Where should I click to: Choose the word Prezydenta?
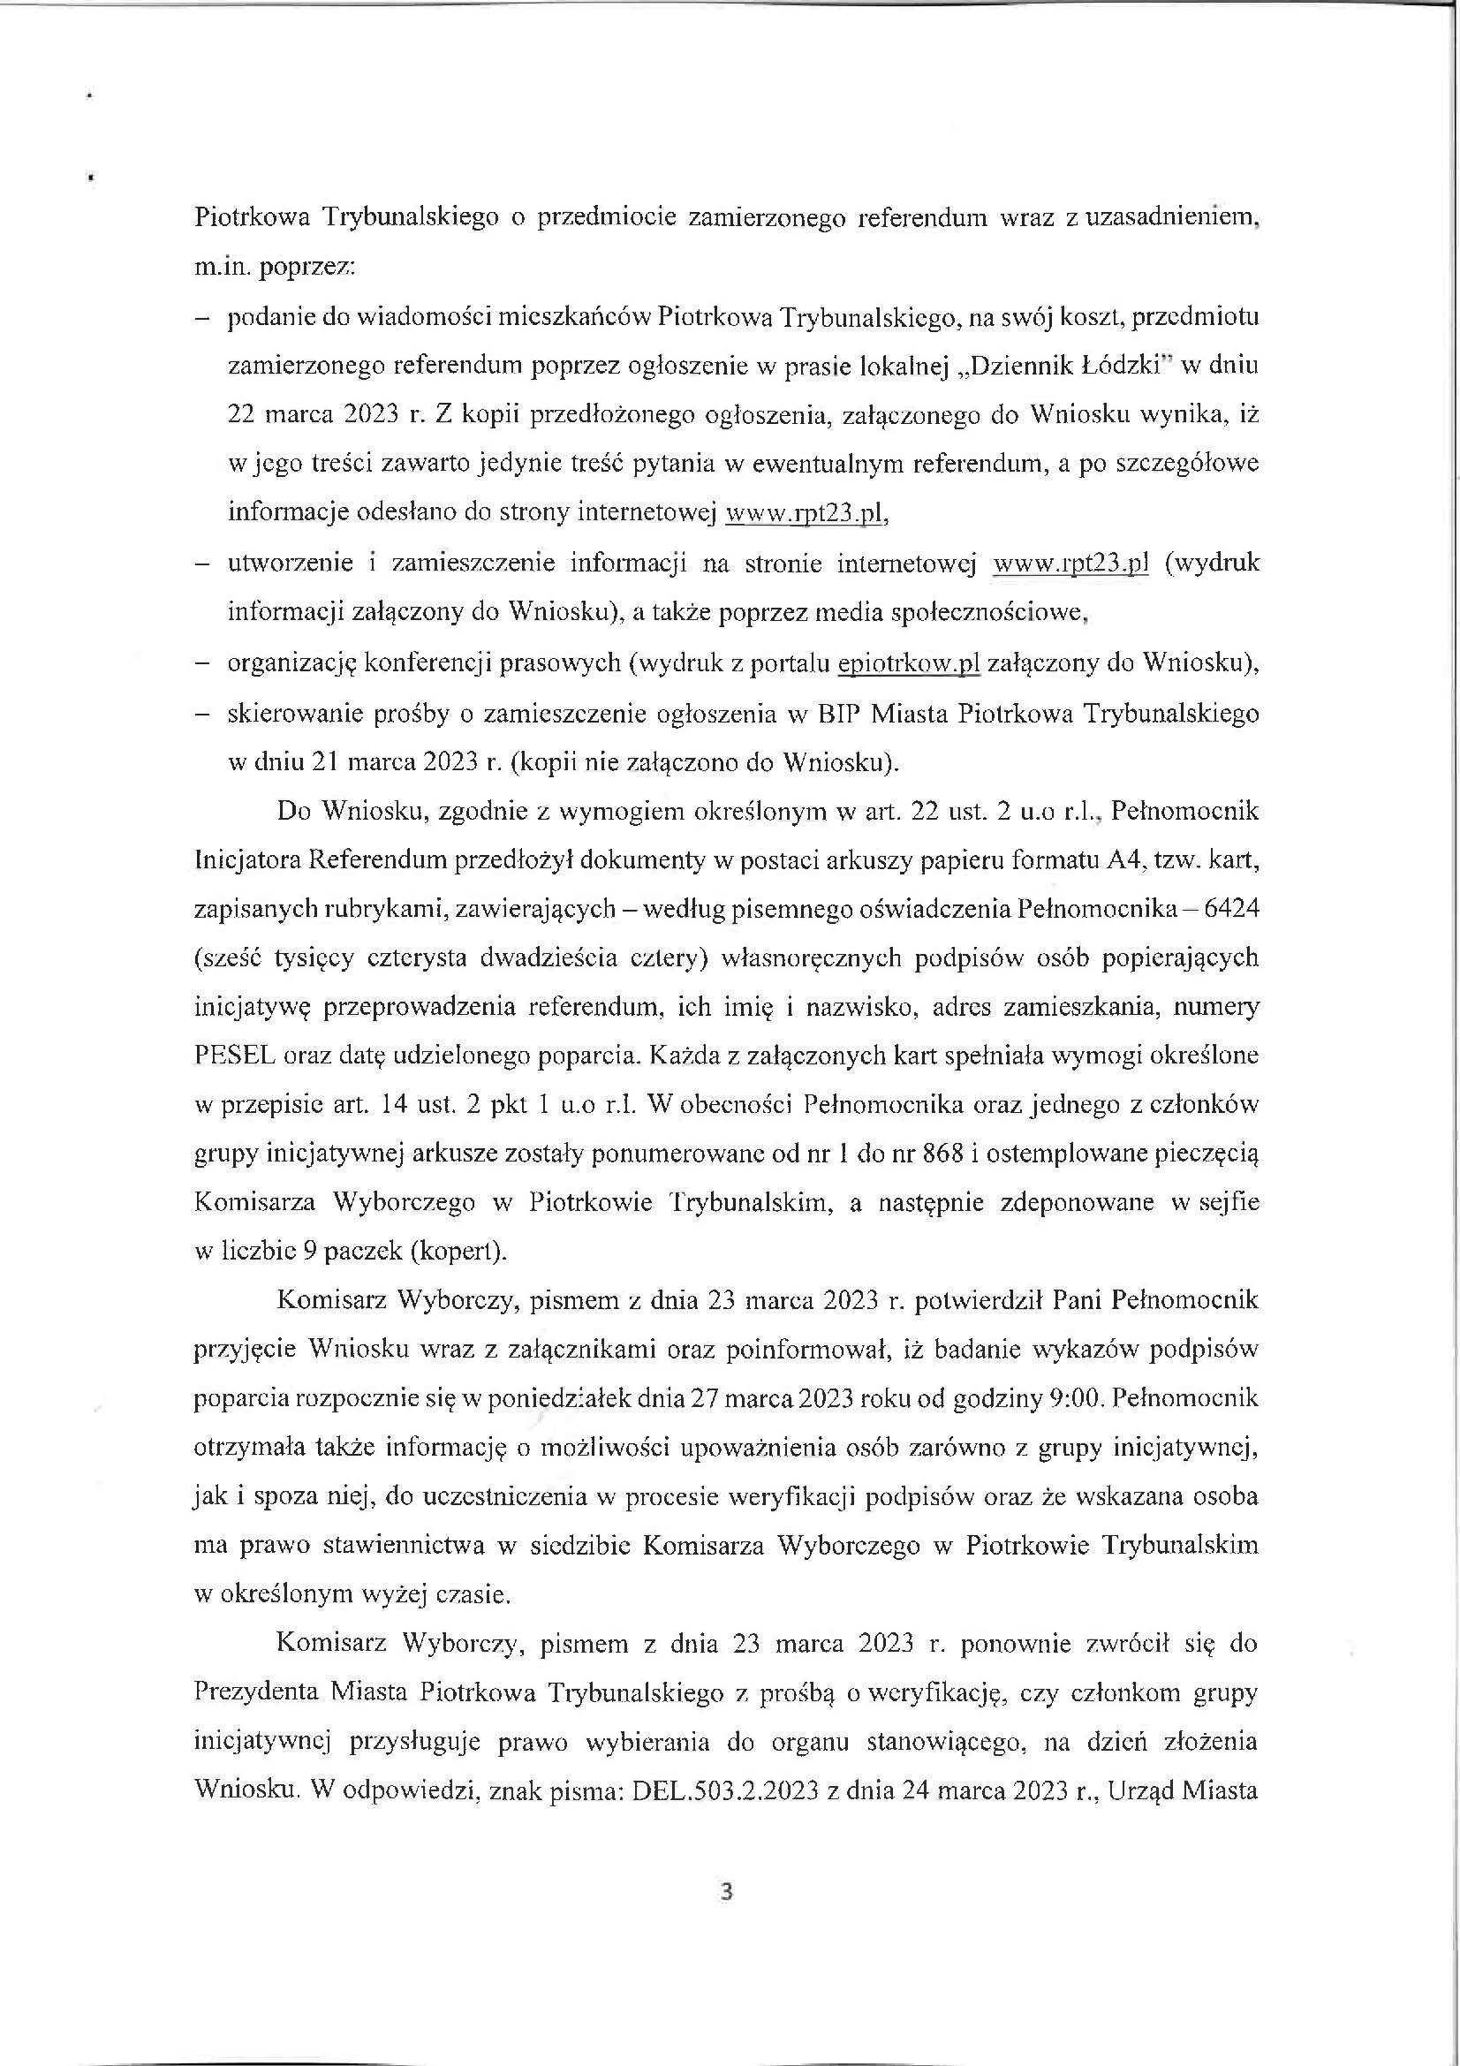point(255,1692)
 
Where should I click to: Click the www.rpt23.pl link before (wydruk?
point(1070,565)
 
